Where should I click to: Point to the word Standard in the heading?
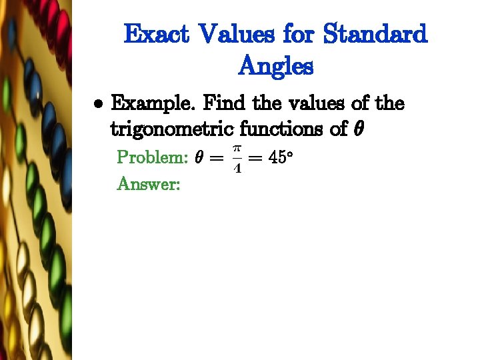tap(375, 34)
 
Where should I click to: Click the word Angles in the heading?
tap(275, 66)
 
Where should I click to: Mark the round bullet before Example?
tap(98, 105)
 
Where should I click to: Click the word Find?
tap(224, 103)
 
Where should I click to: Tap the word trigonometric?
tap(171, 129)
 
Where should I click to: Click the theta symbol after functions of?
tap(357, 129)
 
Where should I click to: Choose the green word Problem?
tap(152, 158)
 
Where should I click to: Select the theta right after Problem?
tap(199, 158)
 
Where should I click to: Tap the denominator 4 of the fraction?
tap(237, 168)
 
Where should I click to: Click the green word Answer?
tap(148, 183)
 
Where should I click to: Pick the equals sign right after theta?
tap(216, 159)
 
